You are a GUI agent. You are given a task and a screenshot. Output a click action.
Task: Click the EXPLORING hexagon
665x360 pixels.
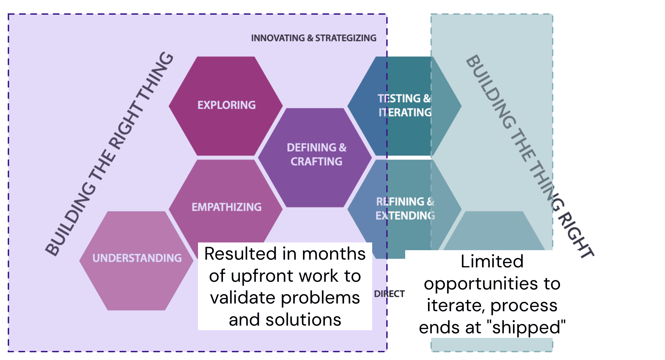(226, 105)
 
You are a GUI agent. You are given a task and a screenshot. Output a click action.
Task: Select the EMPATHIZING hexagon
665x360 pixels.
(226, 207)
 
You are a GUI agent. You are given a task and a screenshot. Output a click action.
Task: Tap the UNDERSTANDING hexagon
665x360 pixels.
(137, 258)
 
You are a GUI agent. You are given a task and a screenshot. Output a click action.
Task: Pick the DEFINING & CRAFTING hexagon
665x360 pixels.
(316, 154)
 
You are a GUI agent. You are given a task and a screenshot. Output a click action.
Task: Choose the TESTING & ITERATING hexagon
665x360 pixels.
(404, 105)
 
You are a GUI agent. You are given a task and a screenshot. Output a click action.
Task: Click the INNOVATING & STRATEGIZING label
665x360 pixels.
(314, 38)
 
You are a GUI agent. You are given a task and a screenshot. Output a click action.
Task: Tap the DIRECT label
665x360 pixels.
(389, 294)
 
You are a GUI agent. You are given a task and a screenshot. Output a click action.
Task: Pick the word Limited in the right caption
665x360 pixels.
(492, 261)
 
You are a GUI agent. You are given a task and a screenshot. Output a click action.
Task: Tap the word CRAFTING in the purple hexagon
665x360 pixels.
(316, 161)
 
